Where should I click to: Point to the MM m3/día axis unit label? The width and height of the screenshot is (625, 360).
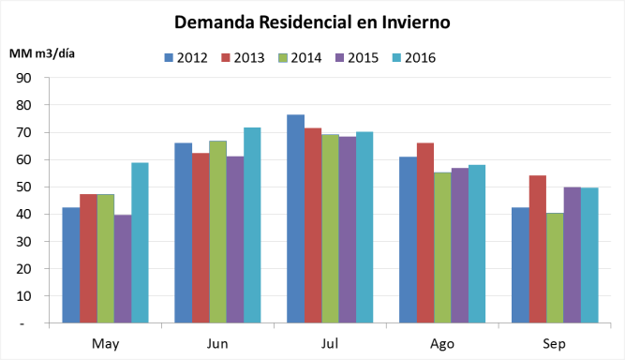(x=42, y=52)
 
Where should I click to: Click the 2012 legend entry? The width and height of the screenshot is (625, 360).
(x=186, y=57)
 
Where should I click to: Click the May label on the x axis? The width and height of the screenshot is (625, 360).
(x=105, y=343)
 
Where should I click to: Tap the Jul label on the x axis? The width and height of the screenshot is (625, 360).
(x=329, y=343)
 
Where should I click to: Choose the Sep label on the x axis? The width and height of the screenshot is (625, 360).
(x=553, y=343)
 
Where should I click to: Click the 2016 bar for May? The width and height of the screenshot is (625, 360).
(x=140, y=243)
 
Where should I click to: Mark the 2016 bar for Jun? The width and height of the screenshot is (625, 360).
(x=252, y=225)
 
